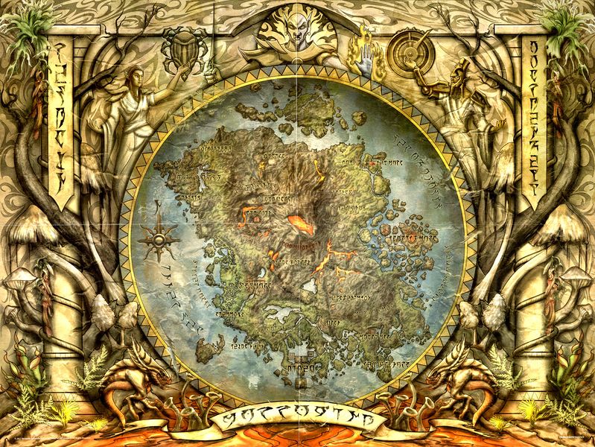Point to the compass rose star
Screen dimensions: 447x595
click(158, 240)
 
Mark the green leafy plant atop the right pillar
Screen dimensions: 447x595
click(566, 26)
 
